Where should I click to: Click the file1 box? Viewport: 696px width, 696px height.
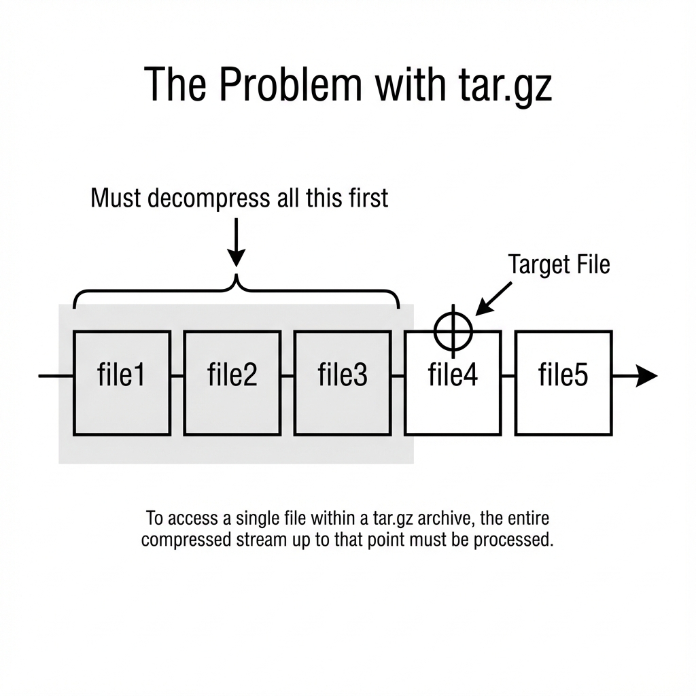(122, 383)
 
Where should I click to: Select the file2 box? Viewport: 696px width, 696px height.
(232, 383)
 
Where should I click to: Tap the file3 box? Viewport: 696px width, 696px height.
(343, 383)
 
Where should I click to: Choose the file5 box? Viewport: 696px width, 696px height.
(563, 383)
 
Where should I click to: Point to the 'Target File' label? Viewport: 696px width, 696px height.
(559, 264)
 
